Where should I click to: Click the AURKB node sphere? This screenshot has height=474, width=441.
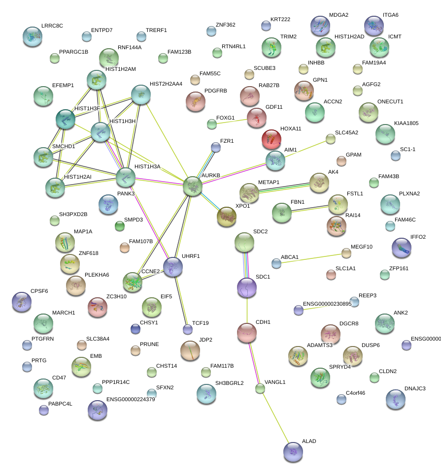click(x=193, y=187)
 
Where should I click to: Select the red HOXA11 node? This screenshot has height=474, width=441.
click(x=271, y=139)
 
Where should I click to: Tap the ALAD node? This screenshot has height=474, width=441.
click(x=293, y=451)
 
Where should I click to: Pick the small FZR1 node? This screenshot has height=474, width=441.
click(x=215, y=147)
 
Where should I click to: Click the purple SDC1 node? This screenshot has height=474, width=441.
click(x=247, y=287)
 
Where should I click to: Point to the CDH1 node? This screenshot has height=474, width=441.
click(x=247, y=333)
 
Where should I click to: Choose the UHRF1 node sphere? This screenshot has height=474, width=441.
click(x=173, y=267)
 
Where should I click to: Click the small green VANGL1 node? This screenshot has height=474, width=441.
click(x=260, y=389)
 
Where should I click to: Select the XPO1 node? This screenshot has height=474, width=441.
click(x=227, y=217)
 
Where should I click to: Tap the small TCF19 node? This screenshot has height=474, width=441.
click(x=187, y=329)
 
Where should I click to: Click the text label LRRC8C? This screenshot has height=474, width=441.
click(x=52, y=25)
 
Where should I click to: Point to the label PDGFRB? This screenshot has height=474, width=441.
click(x=216, y=91)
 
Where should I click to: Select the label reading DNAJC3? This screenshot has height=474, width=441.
click(x=415, y=388)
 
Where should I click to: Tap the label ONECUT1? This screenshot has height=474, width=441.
click(x=390, y=101)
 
